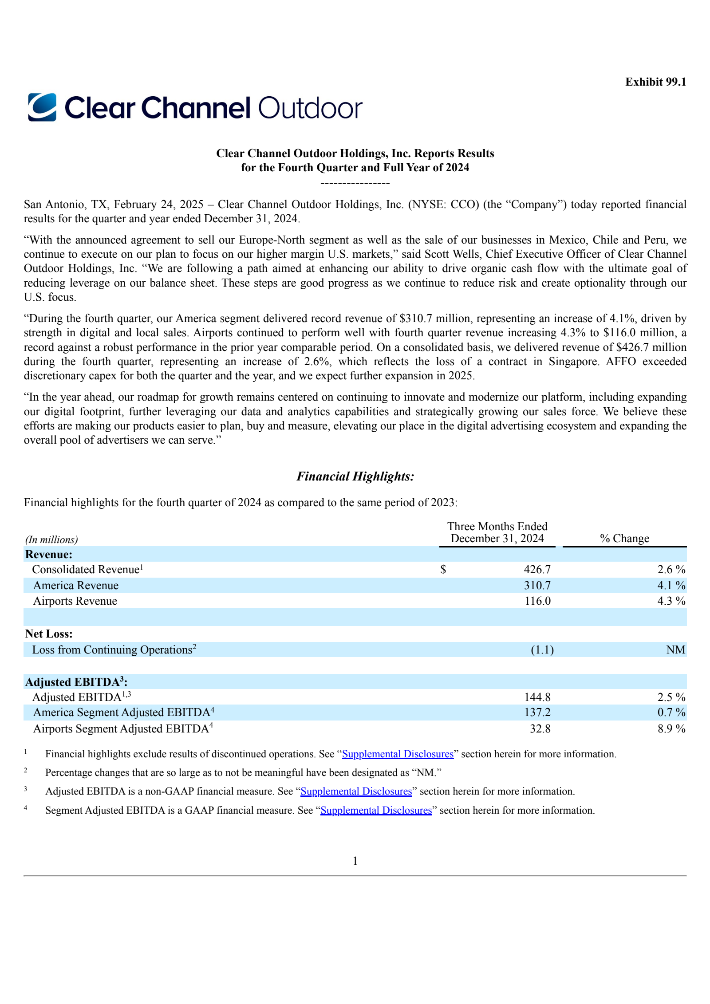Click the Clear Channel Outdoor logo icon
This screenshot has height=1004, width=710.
(x=42, y=107)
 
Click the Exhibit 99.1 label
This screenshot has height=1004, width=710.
(x=655, y=82)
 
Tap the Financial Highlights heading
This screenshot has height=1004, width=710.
(x=355, y=476)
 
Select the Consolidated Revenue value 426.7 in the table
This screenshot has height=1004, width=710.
(x=537, y=570)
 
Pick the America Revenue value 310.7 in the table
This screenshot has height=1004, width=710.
(x=537, y=586)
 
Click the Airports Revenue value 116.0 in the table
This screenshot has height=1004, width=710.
(x=537, y=601)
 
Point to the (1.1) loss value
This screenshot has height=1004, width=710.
(x=542, y=650)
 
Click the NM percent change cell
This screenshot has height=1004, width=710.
(x=675, y=650)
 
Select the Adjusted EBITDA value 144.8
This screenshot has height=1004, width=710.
(x=537, y=697)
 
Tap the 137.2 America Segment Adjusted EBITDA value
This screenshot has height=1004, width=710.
(x=537, y=713)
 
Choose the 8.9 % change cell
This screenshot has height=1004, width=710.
(x=671, y=729)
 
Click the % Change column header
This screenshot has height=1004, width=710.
(x=624, y=539)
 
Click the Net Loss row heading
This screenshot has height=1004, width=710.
(x=49, y=634)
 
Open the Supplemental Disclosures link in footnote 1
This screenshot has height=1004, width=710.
(x=398, y=754)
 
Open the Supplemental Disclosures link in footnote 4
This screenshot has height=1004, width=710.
(x=376, y=811)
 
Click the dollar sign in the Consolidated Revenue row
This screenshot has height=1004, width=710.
(x=443, y=570)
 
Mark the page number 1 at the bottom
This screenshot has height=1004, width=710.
(x=355, y=861)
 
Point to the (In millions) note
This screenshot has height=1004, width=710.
(x=51, y=540)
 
